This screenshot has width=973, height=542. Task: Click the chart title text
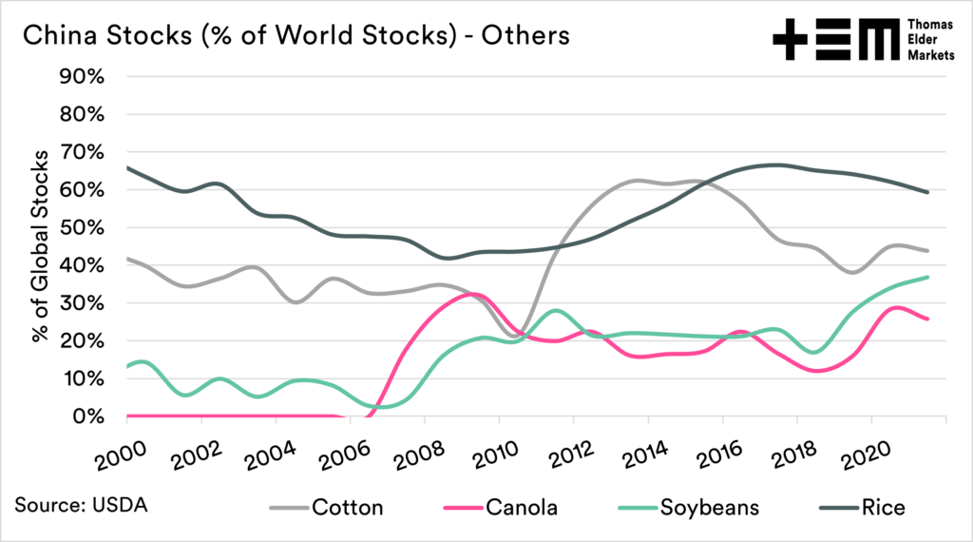[x=296, y=36]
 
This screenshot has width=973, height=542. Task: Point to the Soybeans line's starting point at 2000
[x=127, y=366]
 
